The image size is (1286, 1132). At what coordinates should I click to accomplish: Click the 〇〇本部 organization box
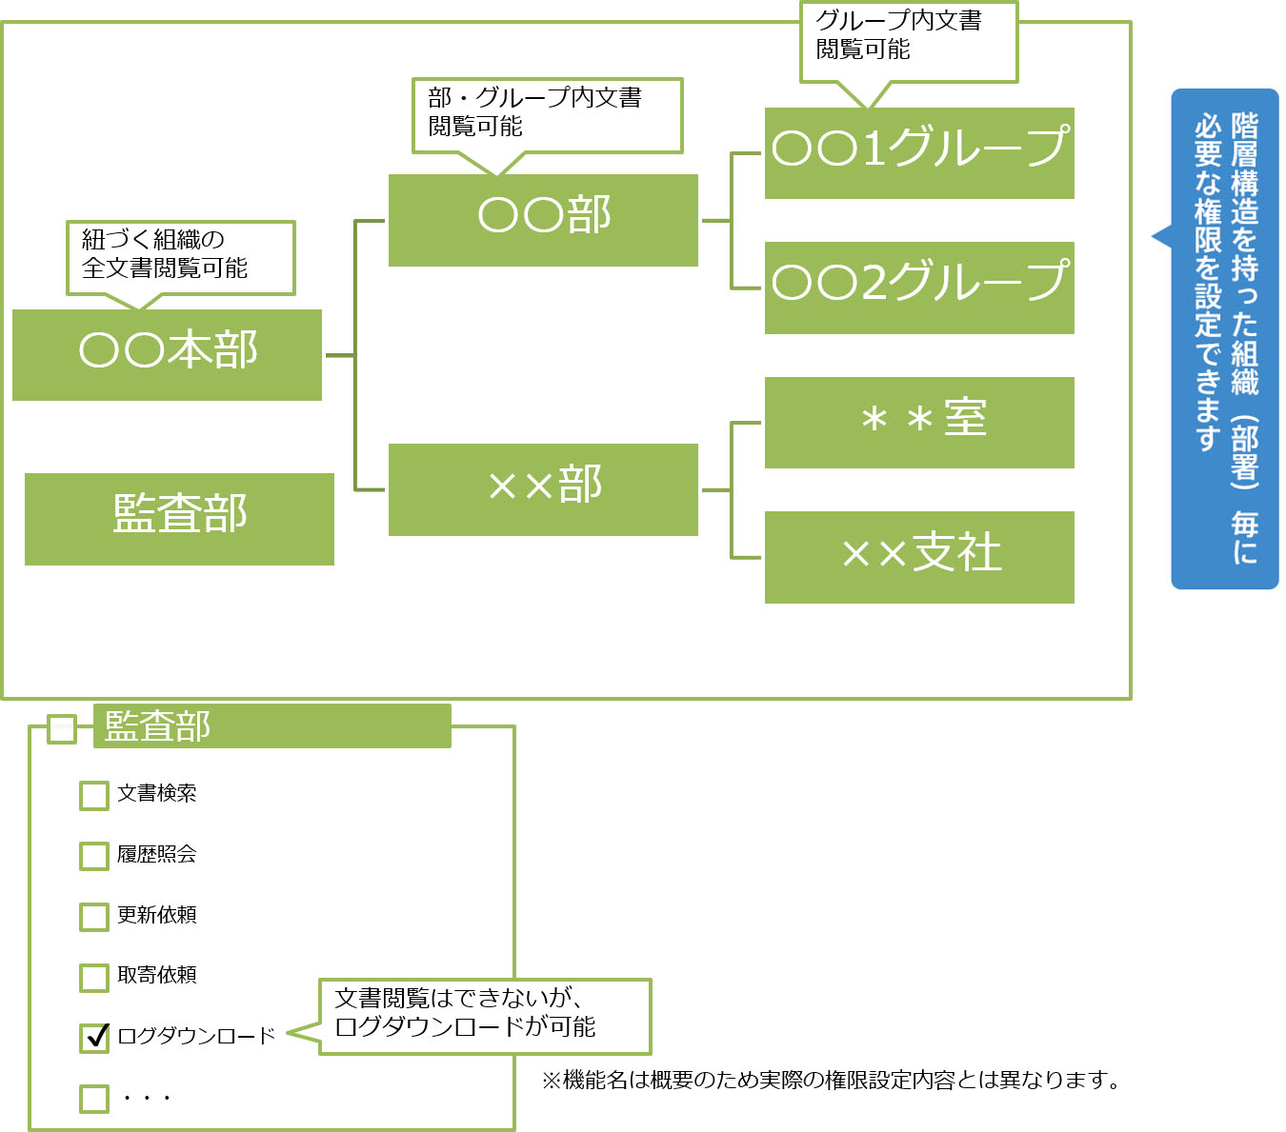(x=167, y=354)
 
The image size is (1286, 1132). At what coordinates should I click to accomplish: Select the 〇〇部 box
(x=543, y=220)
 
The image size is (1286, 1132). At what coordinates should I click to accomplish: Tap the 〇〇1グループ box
(x=919, y=152)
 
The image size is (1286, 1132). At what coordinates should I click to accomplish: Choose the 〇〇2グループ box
(x=919, y=288)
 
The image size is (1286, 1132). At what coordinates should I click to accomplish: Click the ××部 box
(x=543, y=489)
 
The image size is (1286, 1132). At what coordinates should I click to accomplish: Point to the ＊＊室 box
(x=919, y=422)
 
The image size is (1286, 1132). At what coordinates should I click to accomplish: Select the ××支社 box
(x=919, y=557)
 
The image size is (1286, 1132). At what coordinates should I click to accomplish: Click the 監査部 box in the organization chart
(x=179, y=519)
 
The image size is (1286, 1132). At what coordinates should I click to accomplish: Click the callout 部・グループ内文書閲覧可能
(x=547, y=114)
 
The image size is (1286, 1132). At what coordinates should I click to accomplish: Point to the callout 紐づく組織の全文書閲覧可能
(x=180, y=257)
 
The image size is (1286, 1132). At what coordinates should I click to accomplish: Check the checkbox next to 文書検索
(x=94, y=795)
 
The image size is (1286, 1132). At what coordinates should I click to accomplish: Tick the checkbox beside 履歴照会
(x=94, y=856)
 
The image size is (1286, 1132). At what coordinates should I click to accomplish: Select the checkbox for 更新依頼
(x=94, y=917)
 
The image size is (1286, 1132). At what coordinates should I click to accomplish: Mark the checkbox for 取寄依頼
(x=94, y=977)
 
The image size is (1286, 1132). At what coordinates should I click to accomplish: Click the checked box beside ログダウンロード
(x=94, y=1038)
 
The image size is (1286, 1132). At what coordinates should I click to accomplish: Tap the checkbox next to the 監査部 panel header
(x=62, y=729)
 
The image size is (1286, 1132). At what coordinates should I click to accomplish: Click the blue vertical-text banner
(x=1225, y=338)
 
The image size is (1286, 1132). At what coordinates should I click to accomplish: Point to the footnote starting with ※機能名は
(x=831, y=1080)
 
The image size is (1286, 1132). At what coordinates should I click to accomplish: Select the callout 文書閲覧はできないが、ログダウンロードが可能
(x=485, y=1016)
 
